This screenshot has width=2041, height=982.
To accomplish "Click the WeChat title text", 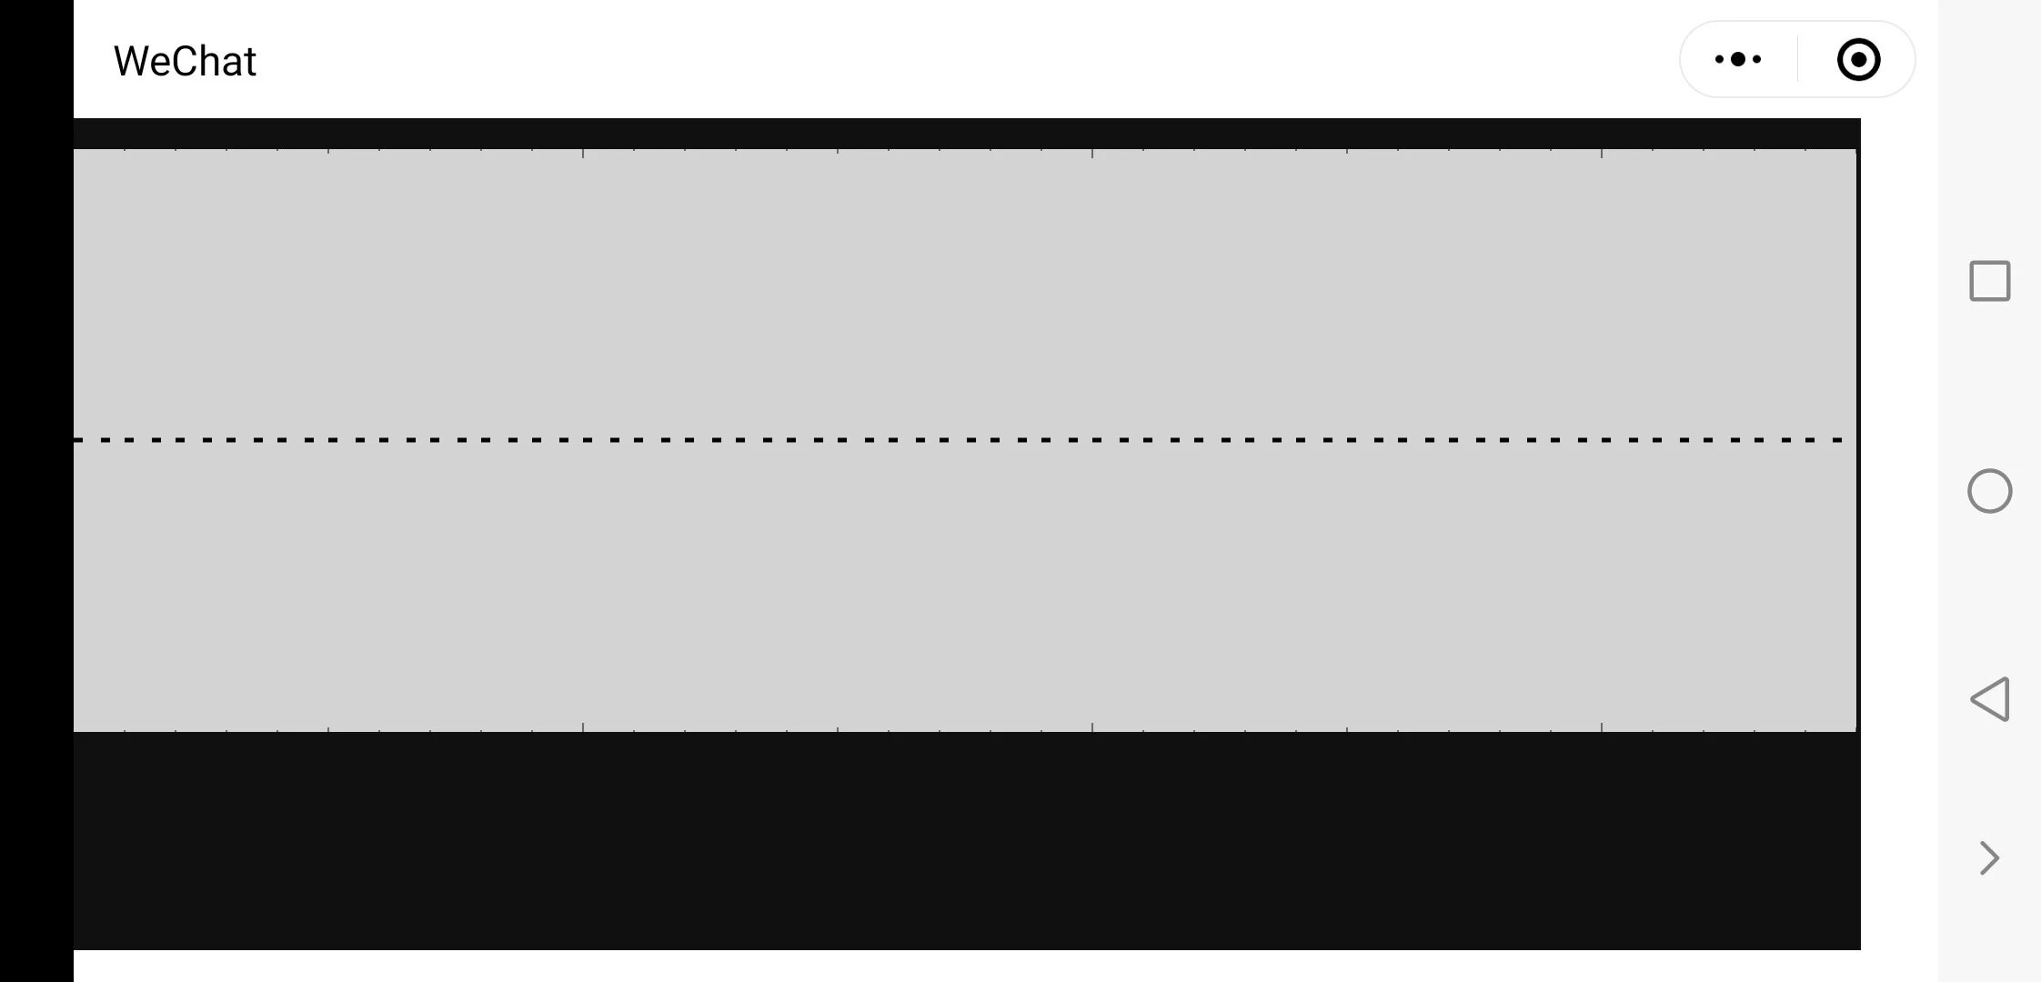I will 185,62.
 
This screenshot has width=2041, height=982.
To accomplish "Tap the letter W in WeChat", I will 130,62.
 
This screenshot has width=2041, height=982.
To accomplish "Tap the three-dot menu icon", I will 1738,60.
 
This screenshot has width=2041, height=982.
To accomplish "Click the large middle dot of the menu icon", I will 1738,60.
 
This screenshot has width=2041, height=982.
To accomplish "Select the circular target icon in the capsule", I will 1858,60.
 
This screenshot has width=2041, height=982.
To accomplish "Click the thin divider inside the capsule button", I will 1797,60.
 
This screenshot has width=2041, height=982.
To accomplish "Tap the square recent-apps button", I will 1989,281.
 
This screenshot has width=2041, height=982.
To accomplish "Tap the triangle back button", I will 1989,699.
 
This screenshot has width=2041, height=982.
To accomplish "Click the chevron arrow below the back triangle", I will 1989,857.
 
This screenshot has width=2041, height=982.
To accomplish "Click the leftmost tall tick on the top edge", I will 328,154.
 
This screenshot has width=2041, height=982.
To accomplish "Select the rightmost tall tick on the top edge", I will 1602,154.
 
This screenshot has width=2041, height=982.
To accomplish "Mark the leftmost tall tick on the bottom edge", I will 328,727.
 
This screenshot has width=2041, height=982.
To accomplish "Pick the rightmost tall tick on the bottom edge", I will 1602,727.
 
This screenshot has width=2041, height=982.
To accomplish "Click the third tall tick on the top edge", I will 838,154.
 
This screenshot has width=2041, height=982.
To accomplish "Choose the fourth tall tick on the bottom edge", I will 1092,727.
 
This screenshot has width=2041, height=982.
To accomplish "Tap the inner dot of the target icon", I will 1858,60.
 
